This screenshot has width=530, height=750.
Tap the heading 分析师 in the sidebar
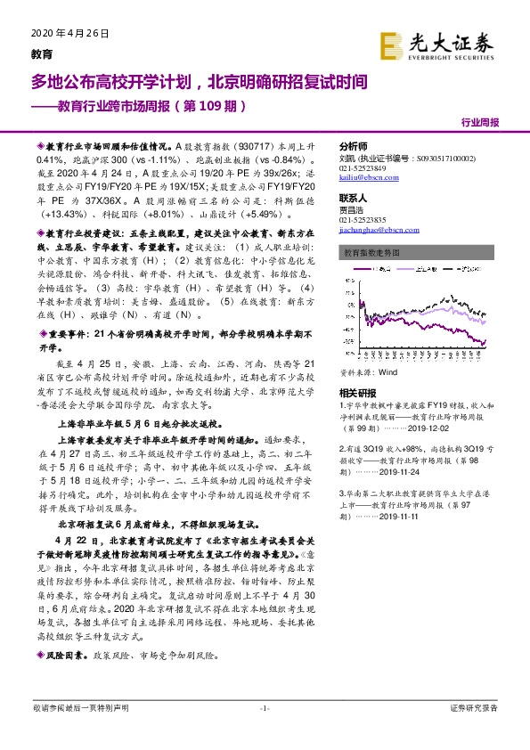pyautogui.click(x=354, y=146)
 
